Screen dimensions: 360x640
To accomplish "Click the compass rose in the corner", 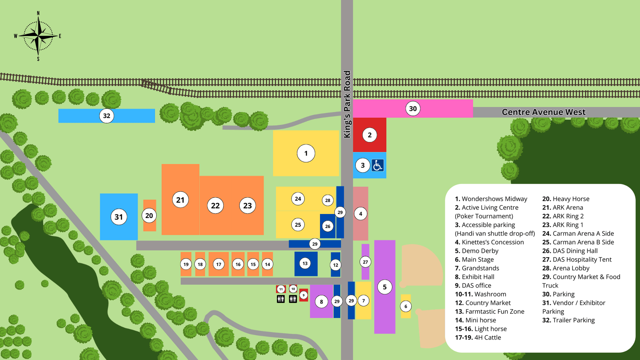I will [x=38, y=36].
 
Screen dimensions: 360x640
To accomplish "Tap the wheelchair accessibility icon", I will [x=378, y=165].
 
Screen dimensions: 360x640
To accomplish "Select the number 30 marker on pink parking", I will [x=413, y=108].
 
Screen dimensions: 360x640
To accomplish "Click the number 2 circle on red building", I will [x=370, y=135].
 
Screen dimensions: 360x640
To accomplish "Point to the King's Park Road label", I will [x=347, y=104].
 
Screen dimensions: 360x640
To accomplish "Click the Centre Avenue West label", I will [x=544, y=112].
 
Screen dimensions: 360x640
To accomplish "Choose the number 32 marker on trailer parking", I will [x=106, y=116].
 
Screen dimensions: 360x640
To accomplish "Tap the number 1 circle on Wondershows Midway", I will [x=306, y=153].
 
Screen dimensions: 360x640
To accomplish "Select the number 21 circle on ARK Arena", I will [x=180, y=200].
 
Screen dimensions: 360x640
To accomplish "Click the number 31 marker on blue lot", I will [x=119, y=217].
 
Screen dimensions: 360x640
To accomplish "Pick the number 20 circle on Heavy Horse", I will [x=149, y=216].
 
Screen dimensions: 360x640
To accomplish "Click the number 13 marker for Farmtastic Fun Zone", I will [x=305, y=263].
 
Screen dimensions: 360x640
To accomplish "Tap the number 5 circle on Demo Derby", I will [x=385, y=287].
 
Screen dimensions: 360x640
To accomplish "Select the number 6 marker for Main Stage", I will [x=406, y=306].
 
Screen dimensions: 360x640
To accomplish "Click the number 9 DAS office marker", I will [x=304, y=295].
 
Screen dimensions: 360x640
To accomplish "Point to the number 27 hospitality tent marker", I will [x=365, y=262].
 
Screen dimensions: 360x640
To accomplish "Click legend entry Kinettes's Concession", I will [x=492, y=242].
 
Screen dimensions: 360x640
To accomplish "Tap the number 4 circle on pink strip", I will [x=360, y=214].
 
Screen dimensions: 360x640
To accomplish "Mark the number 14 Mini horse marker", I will [x=268, y=264].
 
